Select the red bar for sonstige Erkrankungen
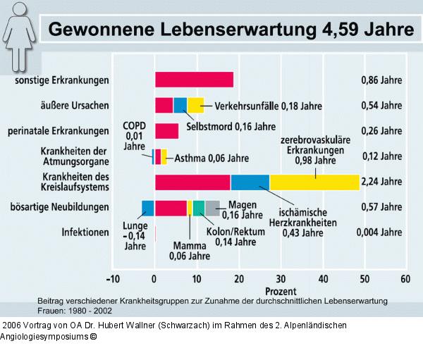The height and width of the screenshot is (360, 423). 194,80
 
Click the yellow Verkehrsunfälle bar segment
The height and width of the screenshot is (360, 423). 195,106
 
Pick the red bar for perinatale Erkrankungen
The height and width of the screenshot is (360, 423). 166,131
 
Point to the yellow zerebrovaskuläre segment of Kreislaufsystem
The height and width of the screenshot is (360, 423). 314,182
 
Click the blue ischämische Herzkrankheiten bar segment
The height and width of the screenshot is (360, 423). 250,182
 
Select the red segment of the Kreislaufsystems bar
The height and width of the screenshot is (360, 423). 192,182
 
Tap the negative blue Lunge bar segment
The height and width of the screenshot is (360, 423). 147,208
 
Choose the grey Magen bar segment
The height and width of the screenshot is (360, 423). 212,208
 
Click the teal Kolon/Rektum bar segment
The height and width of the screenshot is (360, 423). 199,208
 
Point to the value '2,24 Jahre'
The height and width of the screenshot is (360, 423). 381,182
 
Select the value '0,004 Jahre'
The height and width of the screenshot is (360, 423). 381,232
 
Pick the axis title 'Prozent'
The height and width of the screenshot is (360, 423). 280,290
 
